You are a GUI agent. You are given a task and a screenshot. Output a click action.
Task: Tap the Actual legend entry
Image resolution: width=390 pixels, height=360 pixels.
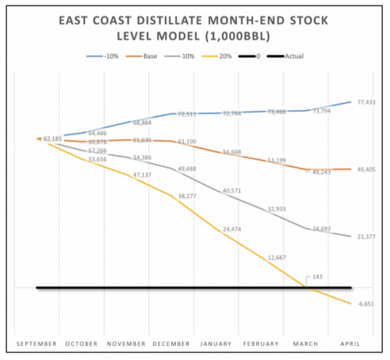(x=292, y=56)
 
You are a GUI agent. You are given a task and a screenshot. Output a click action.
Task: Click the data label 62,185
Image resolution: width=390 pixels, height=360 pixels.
(x=53, y=139)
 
